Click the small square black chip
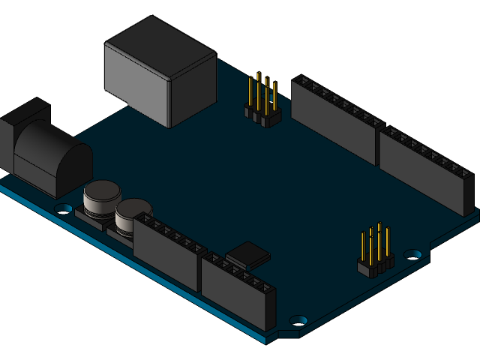(247, 255)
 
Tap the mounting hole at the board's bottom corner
(298, 319)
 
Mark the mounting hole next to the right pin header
(412, 254)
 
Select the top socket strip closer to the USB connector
(334, 116)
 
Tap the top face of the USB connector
(159, 46)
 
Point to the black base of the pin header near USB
(262, 117)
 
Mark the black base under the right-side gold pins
(375, 266)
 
